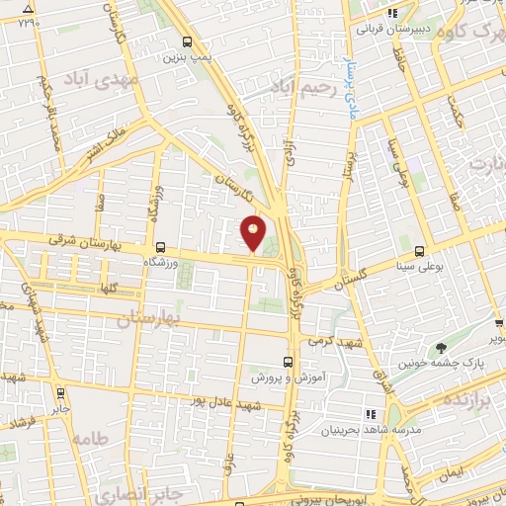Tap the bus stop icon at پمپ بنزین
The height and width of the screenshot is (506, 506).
[x=188, y=42]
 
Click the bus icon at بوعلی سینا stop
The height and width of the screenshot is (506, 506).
[x=420, y=251]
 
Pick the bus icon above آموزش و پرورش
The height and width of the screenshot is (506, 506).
[x=288, y=362]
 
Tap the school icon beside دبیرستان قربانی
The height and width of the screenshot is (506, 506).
[x=392, y=13]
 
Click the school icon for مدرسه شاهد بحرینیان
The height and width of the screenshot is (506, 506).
[x=372, y=414]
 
